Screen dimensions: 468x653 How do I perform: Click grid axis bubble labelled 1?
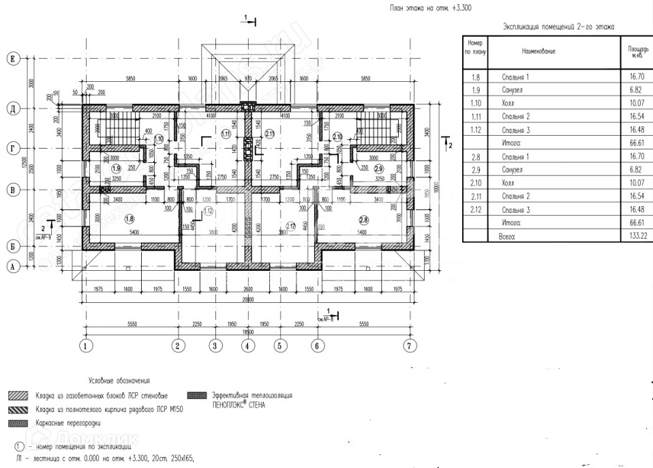tap(86, 346)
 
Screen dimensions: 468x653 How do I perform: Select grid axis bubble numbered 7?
tap(409, 346)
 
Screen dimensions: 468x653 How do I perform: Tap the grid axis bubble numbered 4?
tap(247, 346)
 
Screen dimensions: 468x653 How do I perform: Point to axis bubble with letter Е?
tap(12, 60)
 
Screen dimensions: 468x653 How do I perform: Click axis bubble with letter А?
tap(12, 267)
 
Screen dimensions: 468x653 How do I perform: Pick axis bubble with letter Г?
tap(12, 147)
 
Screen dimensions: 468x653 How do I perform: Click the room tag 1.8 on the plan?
tap(130, 218)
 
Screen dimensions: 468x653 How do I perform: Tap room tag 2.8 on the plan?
tap(364, 219)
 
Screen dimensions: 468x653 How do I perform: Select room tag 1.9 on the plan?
tap(117, 169)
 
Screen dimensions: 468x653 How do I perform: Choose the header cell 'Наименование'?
tap(539, 51)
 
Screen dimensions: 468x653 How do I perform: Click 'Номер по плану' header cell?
tap(475, 47)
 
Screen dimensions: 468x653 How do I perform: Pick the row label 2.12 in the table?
tap(475, 209)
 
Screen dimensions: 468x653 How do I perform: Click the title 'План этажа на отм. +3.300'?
tap(430, 8)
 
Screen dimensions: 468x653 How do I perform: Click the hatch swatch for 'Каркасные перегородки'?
tap(16, 424)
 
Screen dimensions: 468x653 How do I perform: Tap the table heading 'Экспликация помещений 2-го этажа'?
tap(558, 27)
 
